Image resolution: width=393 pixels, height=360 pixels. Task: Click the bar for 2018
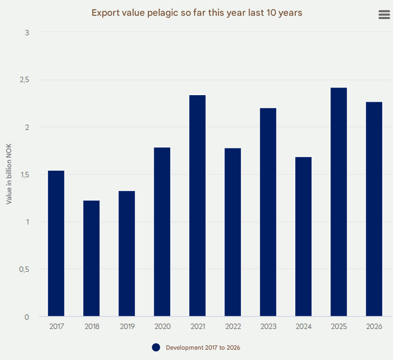pos(91,258)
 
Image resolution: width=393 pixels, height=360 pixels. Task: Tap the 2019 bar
pos(127,253)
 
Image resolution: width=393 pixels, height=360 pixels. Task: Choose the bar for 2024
pos(303,237)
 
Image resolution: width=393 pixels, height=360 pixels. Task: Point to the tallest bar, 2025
pos(339,202)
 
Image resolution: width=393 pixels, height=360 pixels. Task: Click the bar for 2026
pos(374,209)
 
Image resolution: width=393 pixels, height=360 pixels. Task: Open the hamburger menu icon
pos(384,15)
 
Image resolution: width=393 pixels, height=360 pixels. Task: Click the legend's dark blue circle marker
pos(156,347)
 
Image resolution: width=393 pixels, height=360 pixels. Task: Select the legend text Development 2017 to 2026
pos(203,347)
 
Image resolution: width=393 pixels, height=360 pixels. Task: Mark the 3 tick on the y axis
pos(27,33)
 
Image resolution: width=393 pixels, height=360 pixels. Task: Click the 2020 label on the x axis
pos(162,327)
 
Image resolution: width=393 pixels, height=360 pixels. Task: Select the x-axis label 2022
pos(233,327)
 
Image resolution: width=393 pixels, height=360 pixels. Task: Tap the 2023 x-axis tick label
pos(268,327)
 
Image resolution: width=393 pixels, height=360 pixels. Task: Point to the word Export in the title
pos(105,13)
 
